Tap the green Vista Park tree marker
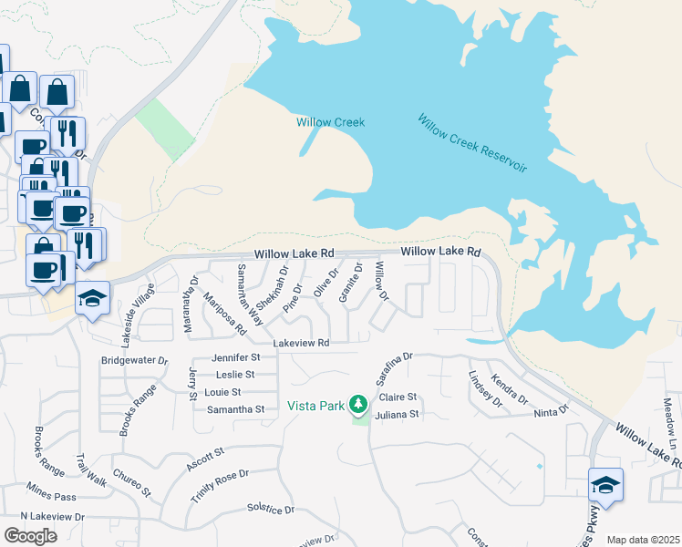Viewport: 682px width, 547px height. coord(359,403)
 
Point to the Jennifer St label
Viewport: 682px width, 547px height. coord(236,357)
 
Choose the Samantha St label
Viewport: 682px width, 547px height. coord(233,409)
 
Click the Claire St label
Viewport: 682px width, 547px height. coord(398,397)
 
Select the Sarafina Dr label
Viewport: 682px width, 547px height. coord(395,369)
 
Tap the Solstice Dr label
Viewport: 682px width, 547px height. coord(271,510)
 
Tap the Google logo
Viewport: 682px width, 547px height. coord(31,535)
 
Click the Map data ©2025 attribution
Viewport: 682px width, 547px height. coord(643,540)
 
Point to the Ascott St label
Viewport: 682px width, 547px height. coord(206,454)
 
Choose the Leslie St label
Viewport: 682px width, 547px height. coord(235,375)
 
